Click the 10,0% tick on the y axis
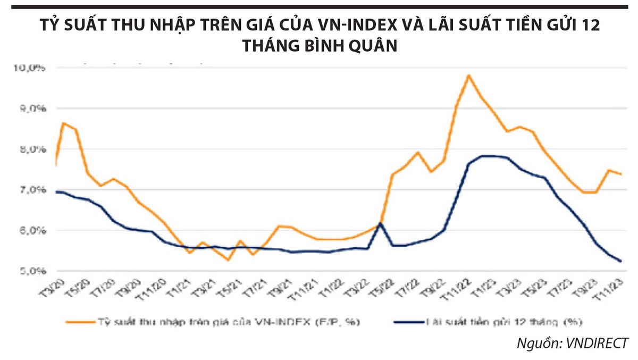[x=33, y=68]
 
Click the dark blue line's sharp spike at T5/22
[x=380, y=223]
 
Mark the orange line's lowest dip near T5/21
[x=228, y=260]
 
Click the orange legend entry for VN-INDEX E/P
[x=213, y=322]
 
